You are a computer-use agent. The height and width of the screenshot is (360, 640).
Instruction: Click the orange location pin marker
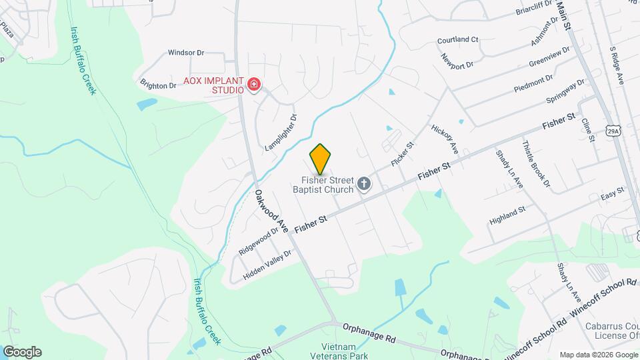click(x=320, y=159)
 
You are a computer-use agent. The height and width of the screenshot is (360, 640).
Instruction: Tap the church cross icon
click(x=364, y=184)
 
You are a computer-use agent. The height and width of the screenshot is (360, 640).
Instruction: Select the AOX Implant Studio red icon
click(x=253, y=85)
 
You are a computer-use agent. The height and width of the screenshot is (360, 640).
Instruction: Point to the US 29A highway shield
click(x=614, y=131)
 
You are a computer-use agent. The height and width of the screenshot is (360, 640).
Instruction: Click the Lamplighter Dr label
click(x=281, y=132)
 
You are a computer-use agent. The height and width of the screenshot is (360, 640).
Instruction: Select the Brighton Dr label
click(x=158, y=85)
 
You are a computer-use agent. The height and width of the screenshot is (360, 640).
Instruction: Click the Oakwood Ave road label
click(x=271, y=211)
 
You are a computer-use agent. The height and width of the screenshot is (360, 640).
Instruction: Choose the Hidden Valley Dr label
click(x=267, y=265)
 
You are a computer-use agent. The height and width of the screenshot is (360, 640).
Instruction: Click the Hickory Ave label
click(x=444, y=137)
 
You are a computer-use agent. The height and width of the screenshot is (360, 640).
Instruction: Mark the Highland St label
click(x=507, y=213)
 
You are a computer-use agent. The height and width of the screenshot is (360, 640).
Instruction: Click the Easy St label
click(x=611, y=193)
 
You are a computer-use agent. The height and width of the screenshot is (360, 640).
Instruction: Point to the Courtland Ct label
click(x=458, y=40)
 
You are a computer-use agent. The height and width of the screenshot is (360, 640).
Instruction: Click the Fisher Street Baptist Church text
click(x=327, y=184)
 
